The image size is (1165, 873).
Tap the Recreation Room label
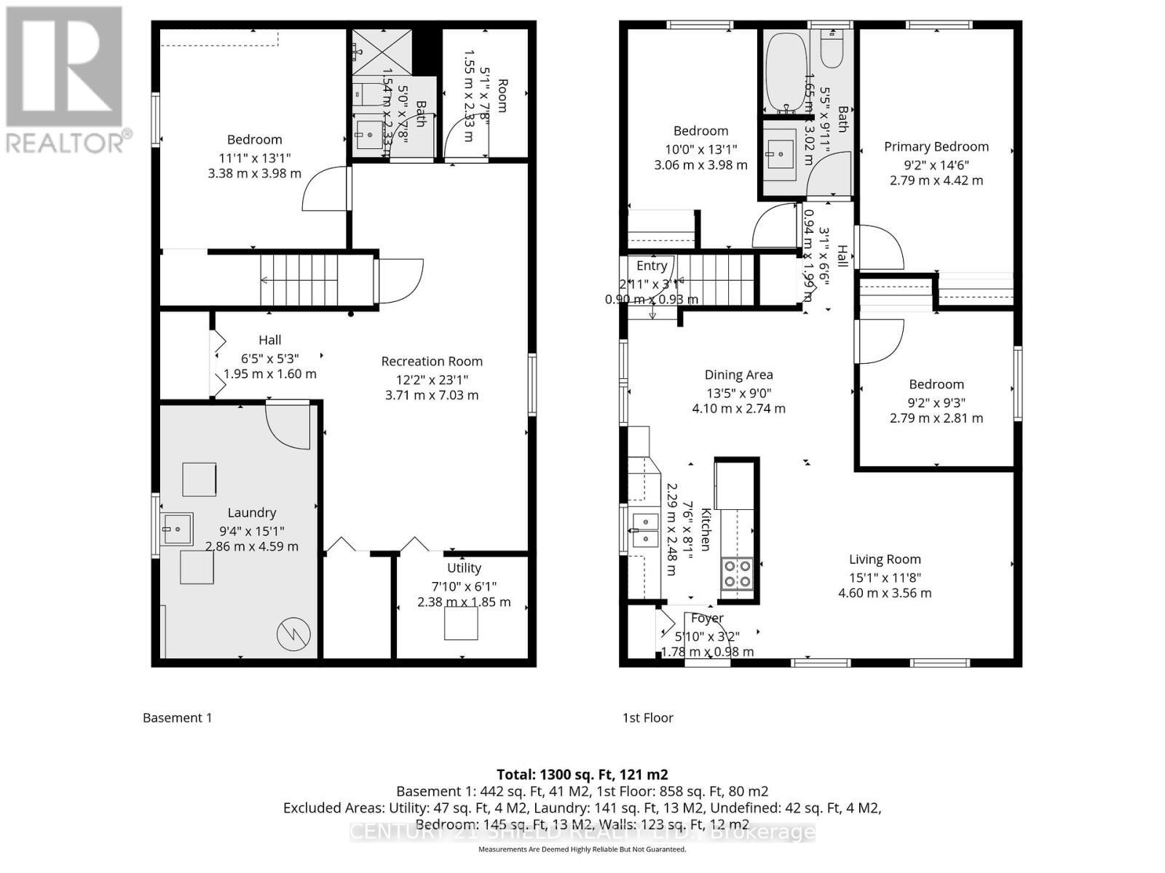[x=432, y=362]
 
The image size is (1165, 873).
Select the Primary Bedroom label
[x=936, y=147]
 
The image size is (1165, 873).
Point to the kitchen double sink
[x=645, y=530]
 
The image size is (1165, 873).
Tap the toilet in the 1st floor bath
[x=831, y=48]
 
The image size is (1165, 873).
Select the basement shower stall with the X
[x=382, y=52]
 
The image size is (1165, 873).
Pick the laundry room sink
[x=178, y=529]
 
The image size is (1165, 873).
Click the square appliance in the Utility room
[x=461, y=623]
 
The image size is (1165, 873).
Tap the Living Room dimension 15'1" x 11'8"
[x=885, y=577]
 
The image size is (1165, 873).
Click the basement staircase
[x=299, y=280]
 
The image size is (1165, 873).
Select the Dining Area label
[x=738, y=375]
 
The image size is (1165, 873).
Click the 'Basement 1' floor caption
[x=178, y=718]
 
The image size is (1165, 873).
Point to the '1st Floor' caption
[x=647, y=718]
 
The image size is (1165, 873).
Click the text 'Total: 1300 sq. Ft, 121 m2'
[x=582, y=775]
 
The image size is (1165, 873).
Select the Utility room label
[x=464, y=568]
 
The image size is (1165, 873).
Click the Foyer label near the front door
[x=707, y=618]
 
